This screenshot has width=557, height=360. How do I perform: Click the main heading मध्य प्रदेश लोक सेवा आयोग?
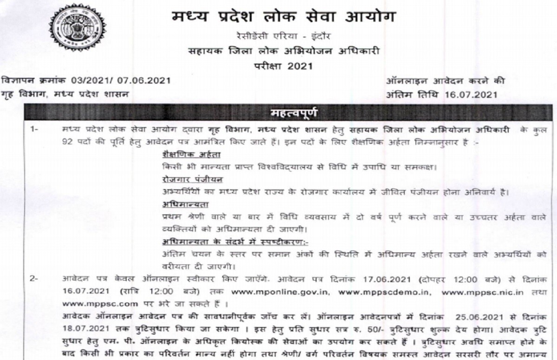coord(284,18)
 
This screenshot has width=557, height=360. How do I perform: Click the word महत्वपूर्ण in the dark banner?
coord(294,113)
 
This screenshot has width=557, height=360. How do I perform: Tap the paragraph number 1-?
coord(35,129)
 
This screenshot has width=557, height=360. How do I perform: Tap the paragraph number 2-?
coord(35,279)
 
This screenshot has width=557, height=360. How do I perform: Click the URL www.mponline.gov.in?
coord(294,293)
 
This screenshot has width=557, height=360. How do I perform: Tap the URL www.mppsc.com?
coord(92,304)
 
